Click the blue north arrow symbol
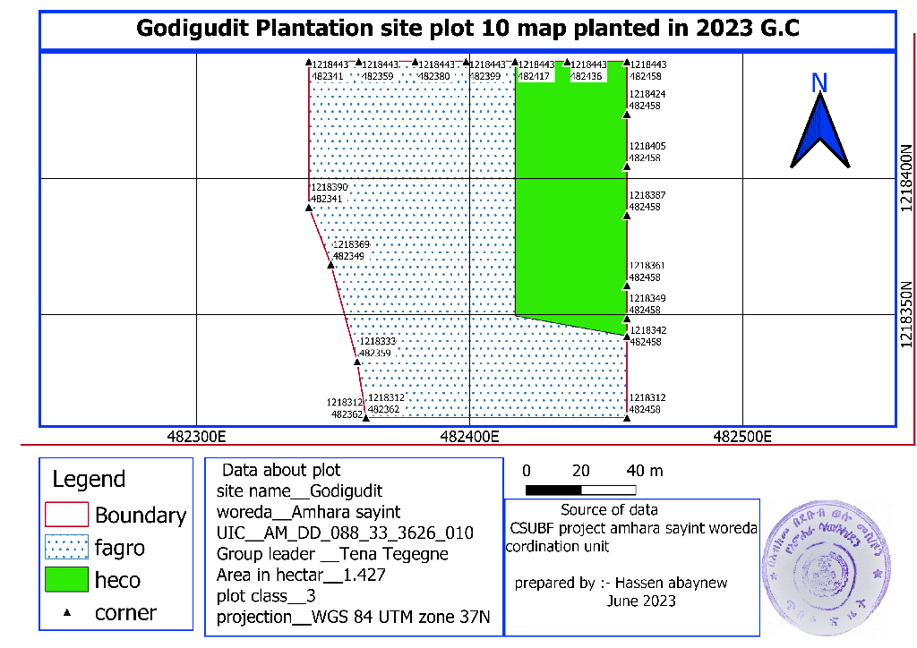(x=818, y=132)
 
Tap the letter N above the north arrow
(x=818, y=83)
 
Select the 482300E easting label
(x=195, y=438)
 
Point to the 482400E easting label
(x=469, y=438)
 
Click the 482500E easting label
(x=742, y=438)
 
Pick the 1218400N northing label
(x=906, y=180)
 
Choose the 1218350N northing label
(x=906, y=314)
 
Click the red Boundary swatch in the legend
(x=66, y=515)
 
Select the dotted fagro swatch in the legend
(x=66, y=547)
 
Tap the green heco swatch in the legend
(x=66, y=579)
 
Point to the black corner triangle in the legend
(x=66, y=612)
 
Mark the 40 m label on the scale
(x=645, y=471)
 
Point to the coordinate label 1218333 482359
(x=377, y=347)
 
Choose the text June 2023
(x=641, y=601)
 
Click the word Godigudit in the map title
(x=193, y=29)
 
